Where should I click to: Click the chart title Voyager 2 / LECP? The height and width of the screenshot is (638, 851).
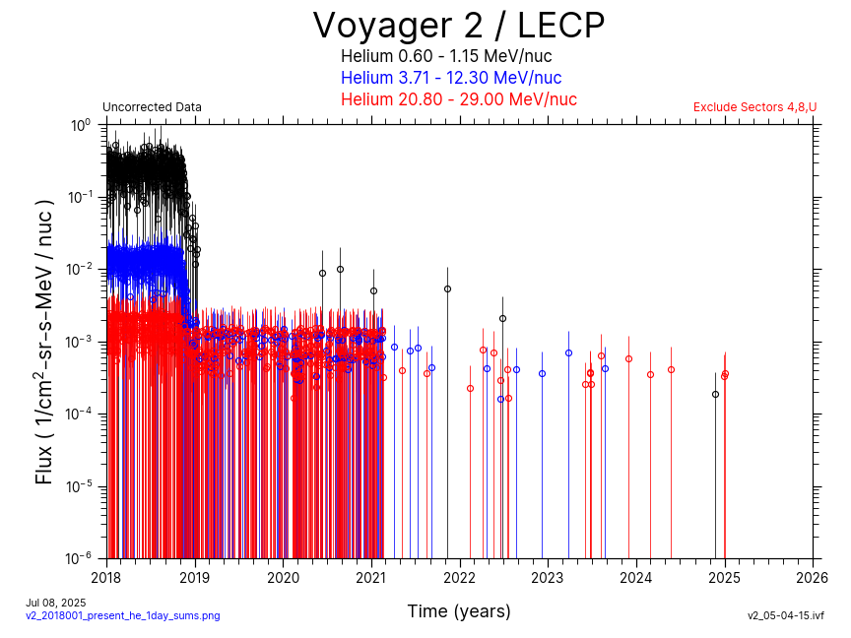(458, 26)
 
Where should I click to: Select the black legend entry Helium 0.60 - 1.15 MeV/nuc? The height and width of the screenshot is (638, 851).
(458, 56)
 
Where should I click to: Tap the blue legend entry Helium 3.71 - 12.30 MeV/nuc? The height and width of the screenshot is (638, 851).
(451, 78)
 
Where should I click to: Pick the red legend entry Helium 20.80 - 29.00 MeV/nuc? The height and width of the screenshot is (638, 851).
(458, 99)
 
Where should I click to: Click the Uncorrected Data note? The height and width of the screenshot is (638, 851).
(152, 107)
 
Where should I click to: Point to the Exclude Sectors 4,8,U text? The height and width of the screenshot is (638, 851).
(754, 107)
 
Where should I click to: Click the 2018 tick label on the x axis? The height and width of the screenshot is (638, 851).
(106, 577)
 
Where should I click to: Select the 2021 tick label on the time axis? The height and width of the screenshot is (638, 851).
(371, 577)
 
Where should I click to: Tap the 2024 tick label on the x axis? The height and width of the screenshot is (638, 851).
(636, 577)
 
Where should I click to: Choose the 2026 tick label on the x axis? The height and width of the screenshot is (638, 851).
(813, 577)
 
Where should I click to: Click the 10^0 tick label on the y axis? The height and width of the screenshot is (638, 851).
(81, 126)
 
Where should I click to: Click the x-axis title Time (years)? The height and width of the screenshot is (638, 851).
(459, 611)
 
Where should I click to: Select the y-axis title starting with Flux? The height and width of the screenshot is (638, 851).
(44, 341)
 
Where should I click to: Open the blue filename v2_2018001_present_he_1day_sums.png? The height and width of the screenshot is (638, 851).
(122, 615)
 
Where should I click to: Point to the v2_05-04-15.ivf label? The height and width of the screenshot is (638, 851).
(785, 615)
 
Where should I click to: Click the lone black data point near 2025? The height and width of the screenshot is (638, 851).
(716, 394)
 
